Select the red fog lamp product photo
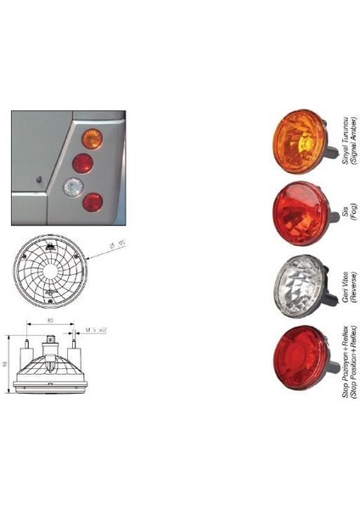coord(296,212)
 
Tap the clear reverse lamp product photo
coord(296,287)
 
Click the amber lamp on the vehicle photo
coord(93,139)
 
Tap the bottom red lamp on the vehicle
coord(93,203)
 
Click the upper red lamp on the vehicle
coord(82,163)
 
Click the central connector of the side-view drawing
coord(50,341)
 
